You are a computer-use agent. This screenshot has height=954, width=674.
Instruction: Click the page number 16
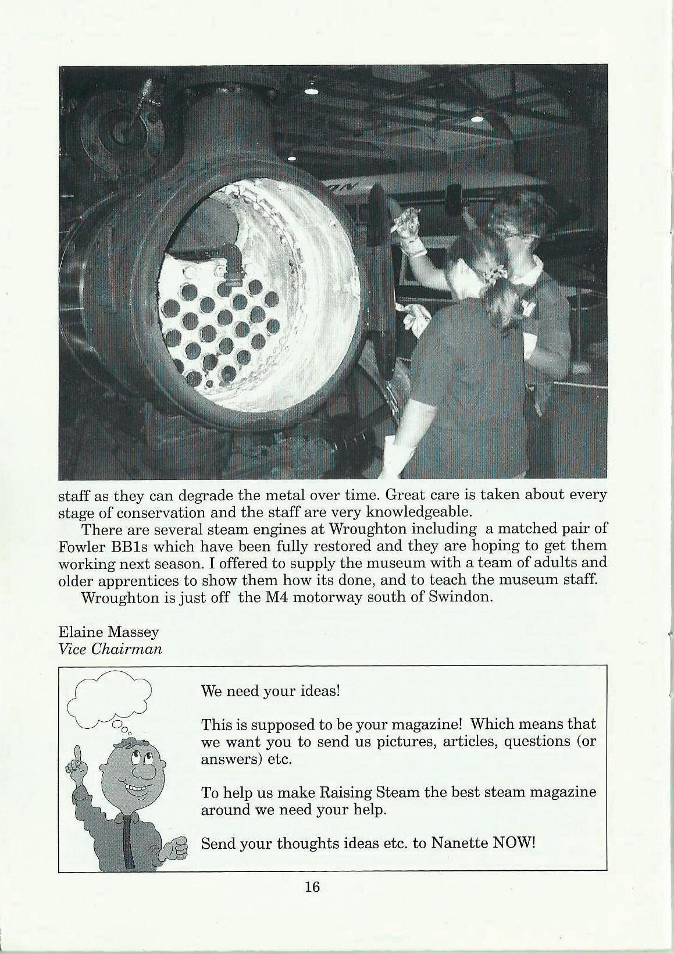point(312,903)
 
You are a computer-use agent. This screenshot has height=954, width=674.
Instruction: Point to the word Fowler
point(81,547)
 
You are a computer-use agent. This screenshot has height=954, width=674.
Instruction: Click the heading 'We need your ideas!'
point(269,691)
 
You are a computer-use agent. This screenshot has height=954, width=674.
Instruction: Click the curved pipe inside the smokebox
point(230,261)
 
